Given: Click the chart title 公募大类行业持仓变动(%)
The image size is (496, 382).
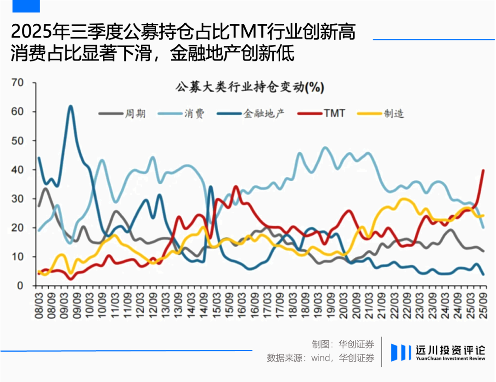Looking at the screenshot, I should pyautogui.click(x=250, y=87).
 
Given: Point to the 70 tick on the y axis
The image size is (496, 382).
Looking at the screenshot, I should pyautogui.click(x=17, y=83).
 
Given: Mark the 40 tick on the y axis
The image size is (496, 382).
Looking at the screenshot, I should pyautogui.click(x=17, y=170).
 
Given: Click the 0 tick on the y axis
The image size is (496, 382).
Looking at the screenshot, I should pyautogui.click(x=20, y=286).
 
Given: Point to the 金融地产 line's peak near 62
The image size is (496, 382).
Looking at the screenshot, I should pyautogui.click(x=70, y=106).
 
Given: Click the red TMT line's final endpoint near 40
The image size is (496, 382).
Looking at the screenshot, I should pyautogui.click(x=483, y=170).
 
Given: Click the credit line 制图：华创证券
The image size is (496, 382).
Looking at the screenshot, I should pyautogui.click(x=343, y=344).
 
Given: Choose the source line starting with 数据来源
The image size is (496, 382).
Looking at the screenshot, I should pyautogui.click(x=321, y=358).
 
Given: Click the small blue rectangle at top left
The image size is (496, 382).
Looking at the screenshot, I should pyautogui.click(x=26, y=6).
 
